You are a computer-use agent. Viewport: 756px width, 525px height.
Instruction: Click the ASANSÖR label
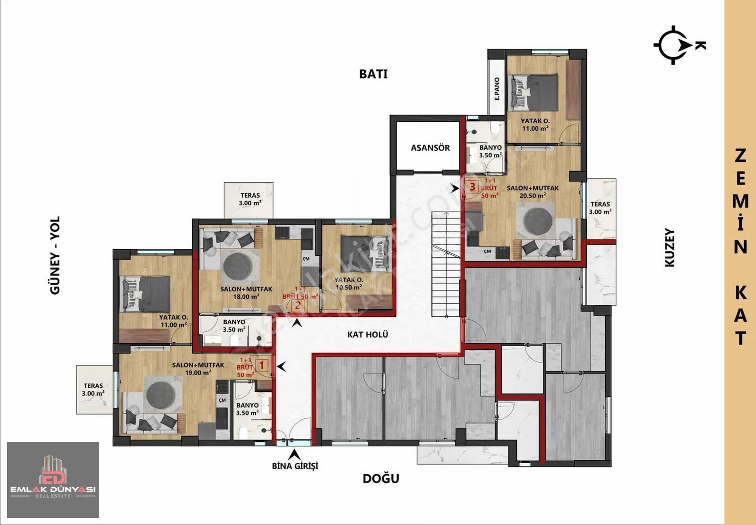click(430, 148)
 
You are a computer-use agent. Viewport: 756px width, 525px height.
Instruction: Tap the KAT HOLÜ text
click(368, 334)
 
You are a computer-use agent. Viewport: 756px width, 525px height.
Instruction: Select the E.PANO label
click(497, 89)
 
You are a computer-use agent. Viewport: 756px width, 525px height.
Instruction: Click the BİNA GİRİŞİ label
click(295, 466)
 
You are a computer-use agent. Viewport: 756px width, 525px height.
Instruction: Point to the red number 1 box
click(262, 365)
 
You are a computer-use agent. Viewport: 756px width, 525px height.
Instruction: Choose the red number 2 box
click(298, 306)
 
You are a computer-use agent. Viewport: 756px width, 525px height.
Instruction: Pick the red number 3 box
click(472, 186)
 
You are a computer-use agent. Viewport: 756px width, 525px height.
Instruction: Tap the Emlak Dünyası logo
click(53, 480)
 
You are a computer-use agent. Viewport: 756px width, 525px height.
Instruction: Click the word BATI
click(373, 74)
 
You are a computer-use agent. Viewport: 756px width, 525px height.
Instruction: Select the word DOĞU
click(381, 478)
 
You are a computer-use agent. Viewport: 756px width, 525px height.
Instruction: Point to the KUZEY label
click(670, 248)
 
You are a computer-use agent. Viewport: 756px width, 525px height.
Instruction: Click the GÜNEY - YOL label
click(55, 255)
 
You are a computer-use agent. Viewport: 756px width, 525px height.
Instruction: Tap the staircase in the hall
click(446, 264)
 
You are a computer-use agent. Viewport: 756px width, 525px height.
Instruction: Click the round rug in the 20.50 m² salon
click(538, 221)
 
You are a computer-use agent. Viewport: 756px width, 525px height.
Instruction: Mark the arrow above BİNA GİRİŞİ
click(295, 455)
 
